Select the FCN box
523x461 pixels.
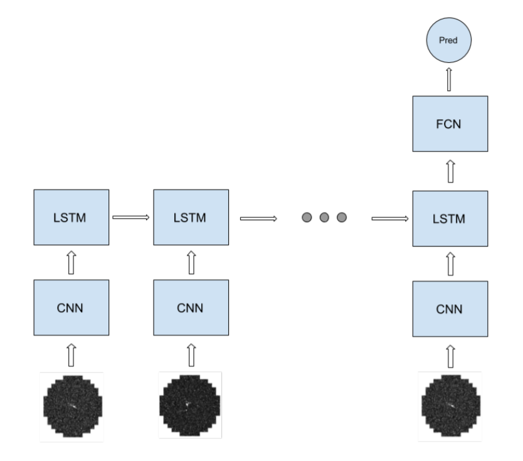coord(449,124)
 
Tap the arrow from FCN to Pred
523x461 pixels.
coord(449,80)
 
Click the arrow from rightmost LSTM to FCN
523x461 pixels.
coord(449,171)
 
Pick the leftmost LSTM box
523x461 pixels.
coord(71,218)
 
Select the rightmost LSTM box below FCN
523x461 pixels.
coord(449,218)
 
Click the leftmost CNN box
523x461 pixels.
coord(71,308)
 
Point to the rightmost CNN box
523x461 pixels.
coord(449,308)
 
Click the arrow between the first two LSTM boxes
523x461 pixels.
coord(130,217)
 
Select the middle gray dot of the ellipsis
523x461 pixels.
coord(324,218)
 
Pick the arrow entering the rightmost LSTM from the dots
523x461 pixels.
coord(391,219)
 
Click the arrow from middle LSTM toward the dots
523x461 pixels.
coord(258,219)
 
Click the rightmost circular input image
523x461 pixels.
coord(449,405)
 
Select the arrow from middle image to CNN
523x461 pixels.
coord(191,356)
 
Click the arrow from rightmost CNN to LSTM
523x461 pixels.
coord(449,263)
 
